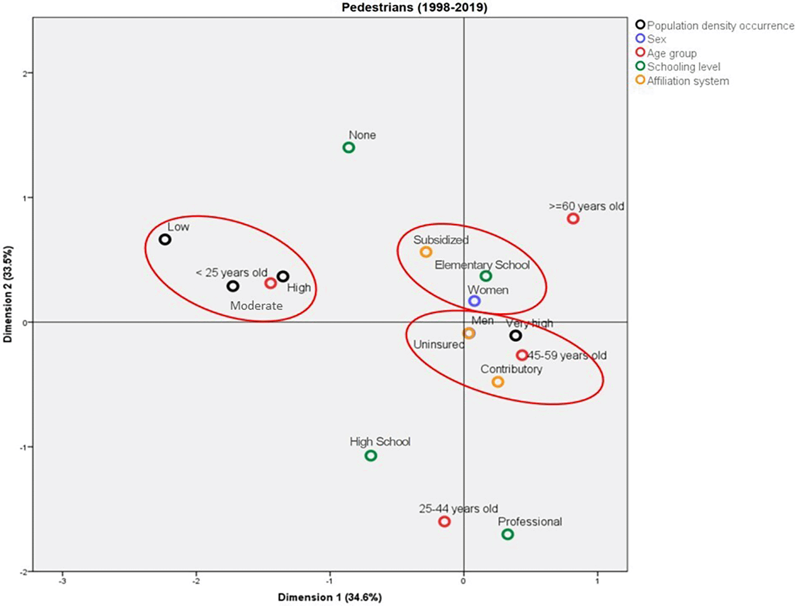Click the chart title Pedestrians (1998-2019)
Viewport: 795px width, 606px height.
coord(414,7)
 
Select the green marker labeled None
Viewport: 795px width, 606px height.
coord(349,148)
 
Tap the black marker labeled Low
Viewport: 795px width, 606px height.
coord(165,239)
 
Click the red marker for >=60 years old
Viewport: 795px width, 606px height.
coord(573,218)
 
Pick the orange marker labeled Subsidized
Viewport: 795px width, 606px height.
coord(426,252)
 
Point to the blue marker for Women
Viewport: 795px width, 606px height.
coord(474,301)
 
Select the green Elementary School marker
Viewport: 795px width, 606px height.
coord(486,276)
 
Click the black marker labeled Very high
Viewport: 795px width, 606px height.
coord(516,335)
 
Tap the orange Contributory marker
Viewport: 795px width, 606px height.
coord(498,382)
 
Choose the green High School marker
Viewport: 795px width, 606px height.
coord(371,456)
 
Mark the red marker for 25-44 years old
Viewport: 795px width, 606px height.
coord(445,522)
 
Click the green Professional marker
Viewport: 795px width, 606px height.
coord(508,534)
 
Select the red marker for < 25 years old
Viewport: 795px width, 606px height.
coord(271,283)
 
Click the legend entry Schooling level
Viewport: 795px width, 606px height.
coord(683,67)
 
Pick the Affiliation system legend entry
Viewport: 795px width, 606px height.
coord(687,81)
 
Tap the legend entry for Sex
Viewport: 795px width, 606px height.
coord(656,39)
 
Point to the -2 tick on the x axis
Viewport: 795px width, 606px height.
coord(196,581)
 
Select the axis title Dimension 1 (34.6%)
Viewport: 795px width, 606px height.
coord(330,597)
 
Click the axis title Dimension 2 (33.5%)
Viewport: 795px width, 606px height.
coord(8,294)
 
